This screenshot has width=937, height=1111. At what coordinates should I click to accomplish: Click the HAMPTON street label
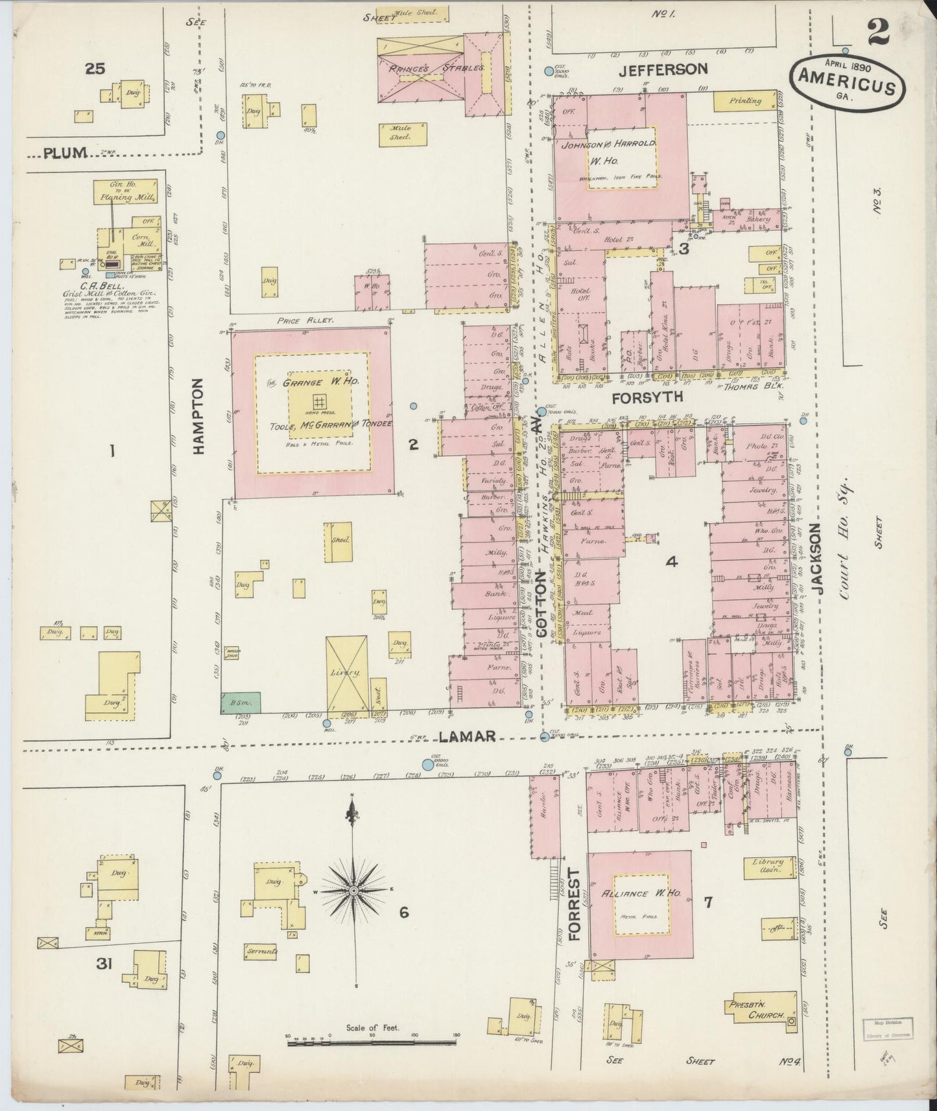[x=198, y=416]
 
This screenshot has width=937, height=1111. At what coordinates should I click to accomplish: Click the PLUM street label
[x=65, y=153]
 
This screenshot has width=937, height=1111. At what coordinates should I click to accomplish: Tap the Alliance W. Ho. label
[x=640, y=893]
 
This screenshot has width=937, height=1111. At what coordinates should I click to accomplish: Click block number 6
[x=403, y=912]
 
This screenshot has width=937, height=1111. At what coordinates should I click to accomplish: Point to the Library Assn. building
[x=768, y=867]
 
